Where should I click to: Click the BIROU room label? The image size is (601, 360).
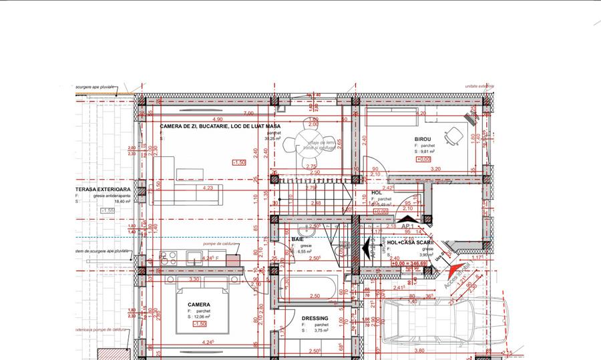point(423,140)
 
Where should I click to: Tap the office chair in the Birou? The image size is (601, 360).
point(454,136)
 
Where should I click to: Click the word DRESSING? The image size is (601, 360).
point(315,319)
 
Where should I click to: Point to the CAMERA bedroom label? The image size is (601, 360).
point(199,305)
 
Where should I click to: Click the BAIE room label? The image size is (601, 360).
point(298,238)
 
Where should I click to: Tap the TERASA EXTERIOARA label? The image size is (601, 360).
point(103,189)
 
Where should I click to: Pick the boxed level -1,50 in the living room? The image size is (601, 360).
point(238,162)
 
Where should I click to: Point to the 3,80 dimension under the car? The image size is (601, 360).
point(419,350)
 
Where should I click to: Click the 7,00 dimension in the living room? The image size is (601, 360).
point(248,113)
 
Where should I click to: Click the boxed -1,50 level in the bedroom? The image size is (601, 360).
point(199,324)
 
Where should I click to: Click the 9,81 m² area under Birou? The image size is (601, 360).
point(425,152)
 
